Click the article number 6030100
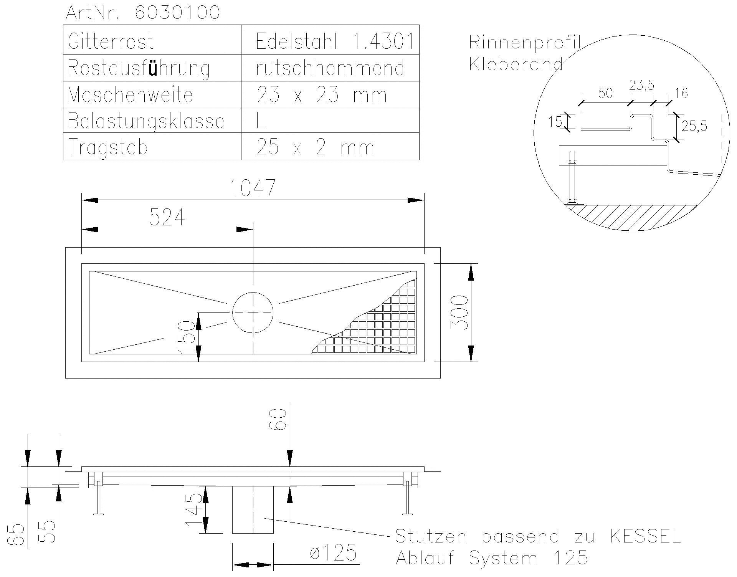(x=178, y=12)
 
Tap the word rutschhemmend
(x=330, y=68)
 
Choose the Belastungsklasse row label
(x=146, y=121)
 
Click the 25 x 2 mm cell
(x=315, y=147)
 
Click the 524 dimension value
(x=167, y=217)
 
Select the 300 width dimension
(x=459, y=312)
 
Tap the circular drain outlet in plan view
(x=253, y=312)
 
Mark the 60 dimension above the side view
(x=280, y=419)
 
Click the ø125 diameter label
(x=333, y=553)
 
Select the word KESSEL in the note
(x=645, y=536)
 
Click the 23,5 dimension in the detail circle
(x=641, y=85)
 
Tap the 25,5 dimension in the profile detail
(x=694, y=126)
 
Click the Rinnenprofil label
(x=524, y=42)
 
